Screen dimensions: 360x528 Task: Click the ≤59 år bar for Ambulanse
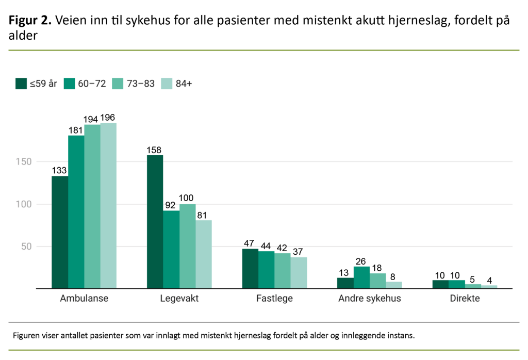[60, 232]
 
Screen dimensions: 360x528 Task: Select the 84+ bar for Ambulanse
[108, 206]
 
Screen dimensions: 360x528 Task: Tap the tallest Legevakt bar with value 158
[155, 222]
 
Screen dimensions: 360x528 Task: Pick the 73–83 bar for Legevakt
[187, 246]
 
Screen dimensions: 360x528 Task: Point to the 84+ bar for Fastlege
[299, 273]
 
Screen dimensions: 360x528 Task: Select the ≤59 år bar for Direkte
[440, 284]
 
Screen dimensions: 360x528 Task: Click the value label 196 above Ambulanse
[108, 117]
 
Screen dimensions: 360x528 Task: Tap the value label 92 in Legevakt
[171, 205]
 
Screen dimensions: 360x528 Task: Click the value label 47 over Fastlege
[250, 243]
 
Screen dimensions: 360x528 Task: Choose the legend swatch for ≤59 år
[21, 84]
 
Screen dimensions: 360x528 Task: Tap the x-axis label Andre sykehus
[369, 299]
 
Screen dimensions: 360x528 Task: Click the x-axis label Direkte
[464, 299]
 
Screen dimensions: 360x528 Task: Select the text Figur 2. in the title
[29, 21]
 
